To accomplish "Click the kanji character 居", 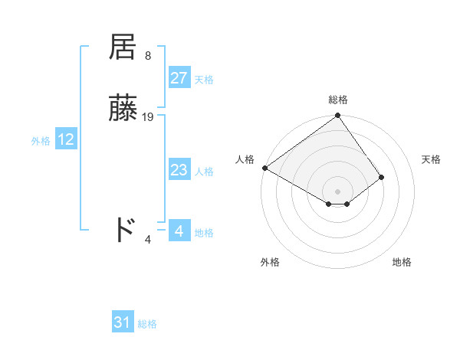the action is click(x=123, y=47).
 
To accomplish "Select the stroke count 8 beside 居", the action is click(x=147, y=56).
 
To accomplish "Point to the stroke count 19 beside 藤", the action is click(x=148, y=117).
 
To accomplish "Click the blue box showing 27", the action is click(x=179, y=78).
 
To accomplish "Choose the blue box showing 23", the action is click(x=179, y=170).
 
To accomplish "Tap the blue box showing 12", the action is click(x=66, y=139).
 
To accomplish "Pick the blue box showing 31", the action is click(x=123, y=322).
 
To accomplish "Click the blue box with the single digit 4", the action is click(x=179, y=231).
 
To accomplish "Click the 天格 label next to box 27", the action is click(x=204, y=80).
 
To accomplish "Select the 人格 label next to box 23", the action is click(x=204, y=172).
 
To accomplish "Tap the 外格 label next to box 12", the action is click(x=41, y=141).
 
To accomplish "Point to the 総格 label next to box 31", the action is click(x=147, y=324).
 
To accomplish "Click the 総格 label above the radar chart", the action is click(x=338, y=100).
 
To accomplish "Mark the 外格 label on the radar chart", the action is click(x=270, y=262).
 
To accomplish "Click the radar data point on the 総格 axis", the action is click(x=338, y=116).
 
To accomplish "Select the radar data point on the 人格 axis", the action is click(x=264, y=168).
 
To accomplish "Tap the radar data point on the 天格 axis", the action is click(x=382, y=177).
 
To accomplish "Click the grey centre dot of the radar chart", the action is click(x=338, y=191).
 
